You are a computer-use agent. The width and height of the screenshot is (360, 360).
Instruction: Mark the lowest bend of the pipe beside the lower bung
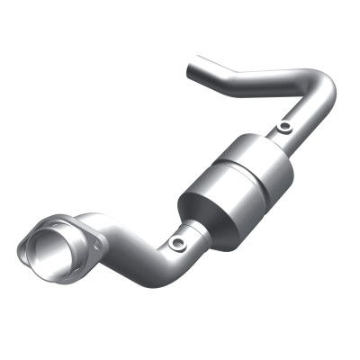click(x=162, y=256)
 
